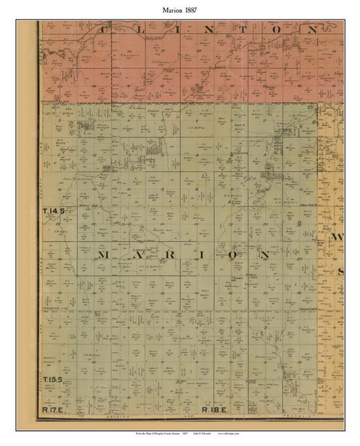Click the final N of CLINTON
311,30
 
